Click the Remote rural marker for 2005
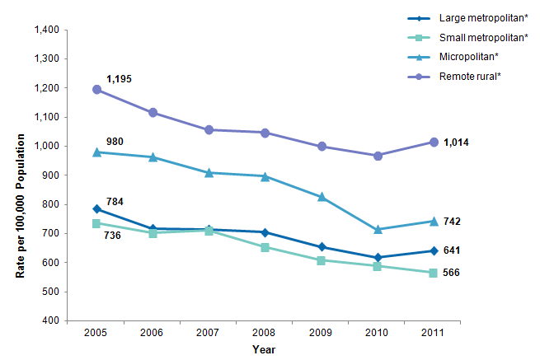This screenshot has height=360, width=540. coord(96,89)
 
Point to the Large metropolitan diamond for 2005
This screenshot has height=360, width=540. coord(96,208)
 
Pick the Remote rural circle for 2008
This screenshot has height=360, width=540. coord(265,133)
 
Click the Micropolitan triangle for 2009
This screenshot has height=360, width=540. coord(321,197)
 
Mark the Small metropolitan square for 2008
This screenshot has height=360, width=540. coord(265,247)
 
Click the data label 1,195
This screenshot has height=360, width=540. coord(118,79)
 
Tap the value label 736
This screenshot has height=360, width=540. coord(113,236)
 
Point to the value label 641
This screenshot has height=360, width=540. coord(452,250)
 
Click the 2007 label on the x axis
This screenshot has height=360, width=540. coord(209,333)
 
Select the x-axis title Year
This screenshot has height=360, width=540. coord(264,350)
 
